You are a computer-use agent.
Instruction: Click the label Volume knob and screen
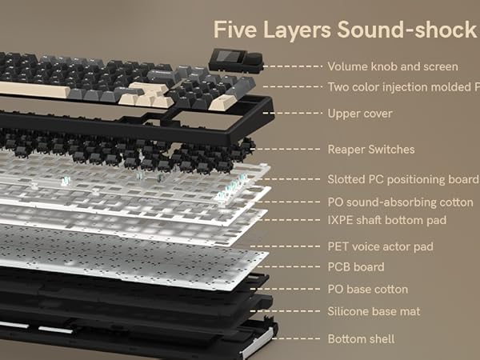tap(393, 66)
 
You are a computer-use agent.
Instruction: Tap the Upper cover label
tap(360, 114)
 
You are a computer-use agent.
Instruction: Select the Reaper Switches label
tap(371, 150)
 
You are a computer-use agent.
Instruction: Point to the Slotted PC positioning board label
tap(403, 179)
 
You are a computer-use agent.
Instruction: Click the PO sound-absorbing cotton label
tap(400, 202)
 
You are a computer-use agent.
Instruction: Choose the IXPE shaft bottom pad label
tap(386, 219)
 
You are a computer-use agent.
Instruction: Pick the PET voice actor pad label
tap(380, 246)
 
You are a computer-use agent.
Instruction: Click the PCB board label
tap(356, 267)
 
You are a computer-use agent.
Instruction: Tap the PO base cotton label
tap(368, 290)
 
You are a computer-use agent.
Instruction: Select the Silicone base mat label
tap(374, 311)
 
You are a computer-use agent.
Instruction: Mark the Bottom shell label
tap(362, 339)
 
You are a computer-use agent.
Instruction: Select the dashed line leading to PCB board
tap(295, 267)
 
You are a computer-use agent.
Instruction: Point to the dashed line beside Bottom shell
tap(295, 339)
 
